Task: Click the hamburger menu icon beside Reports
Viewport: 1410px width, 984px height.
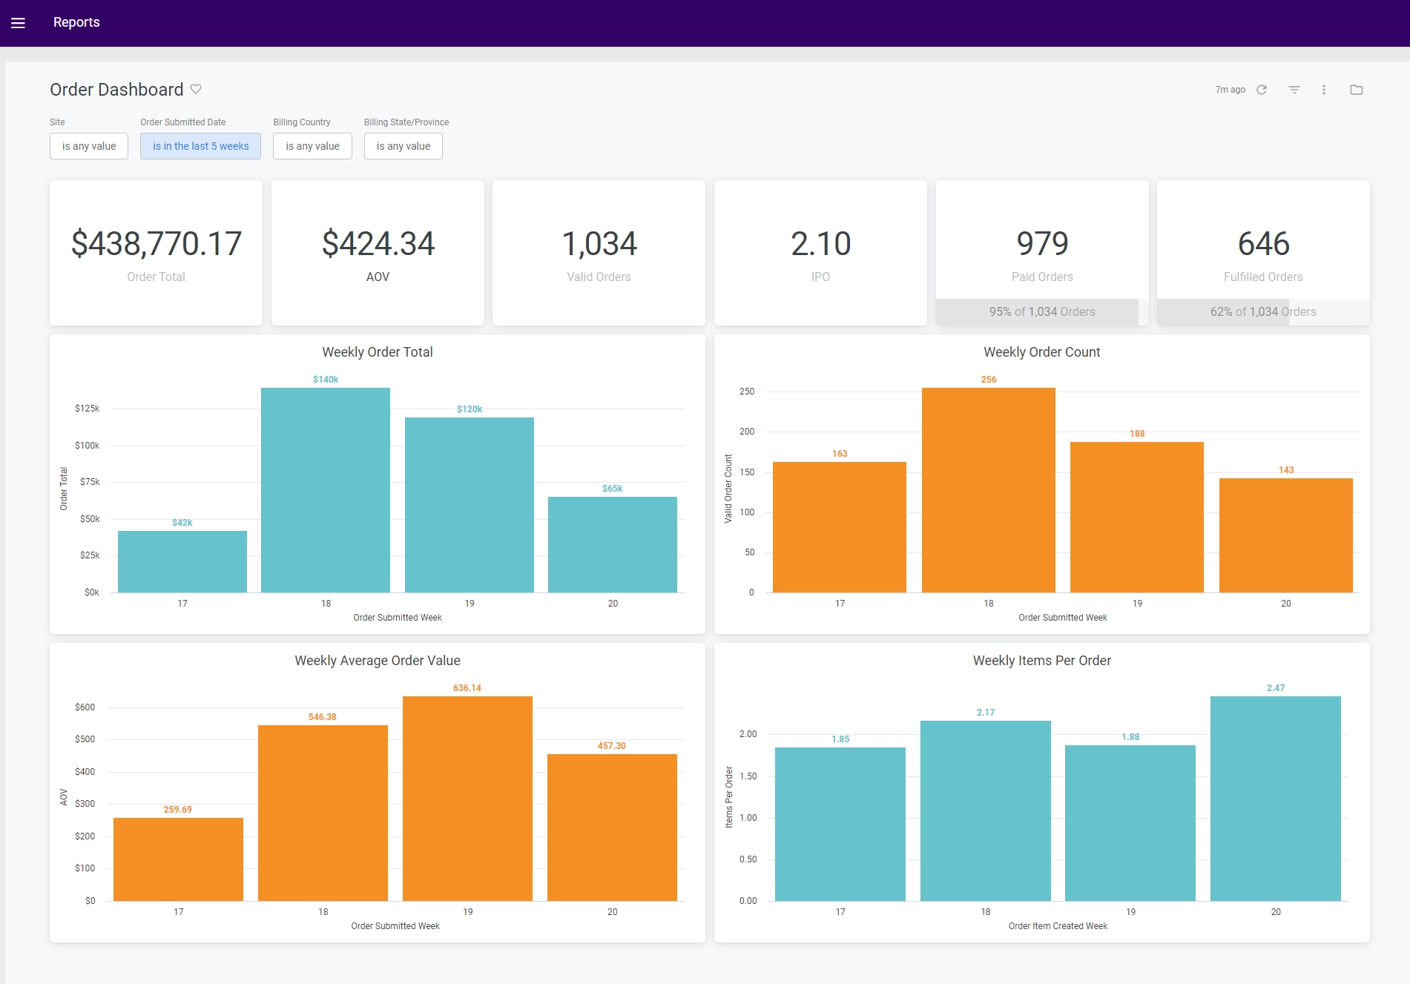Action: [19, 23]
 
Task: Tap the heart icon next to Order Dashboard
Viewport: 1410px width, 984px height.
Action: [196, 89]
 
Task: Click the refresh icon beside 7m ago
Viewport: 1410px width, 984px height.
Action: [1262, 90]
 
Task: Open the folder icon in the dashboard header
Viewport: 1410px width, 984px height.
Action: [1356, 90]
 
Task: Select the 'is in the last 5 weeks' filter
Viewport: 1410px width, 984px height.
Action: [200, 146]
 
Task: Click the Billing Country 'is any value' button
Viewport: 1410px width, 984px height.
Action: [312, 146]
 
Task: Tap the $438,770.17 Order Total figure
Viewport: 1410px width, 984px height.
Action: [156, 244]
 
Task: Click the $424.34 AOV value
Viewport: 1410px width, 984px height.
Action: [378, 244]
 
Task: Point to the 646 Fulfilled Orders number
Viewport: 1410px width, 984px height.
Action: [1263, 244]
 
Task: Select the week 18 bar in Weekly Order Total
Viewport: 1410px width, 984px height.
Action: [326, 489]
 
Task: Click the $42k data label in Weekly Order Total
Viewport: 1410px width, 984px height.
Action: [182, 523]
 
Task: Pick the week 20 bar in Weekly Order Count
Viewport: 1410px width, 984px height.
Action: [1285, 535]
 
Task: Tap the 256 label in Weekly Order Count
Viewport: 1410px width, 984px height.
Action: [988, 380]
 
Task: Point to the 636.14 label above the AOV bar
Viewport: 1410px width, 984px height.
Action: [467, 688]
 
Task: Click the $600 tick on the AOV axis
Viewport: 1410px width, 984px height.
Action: [85, 707]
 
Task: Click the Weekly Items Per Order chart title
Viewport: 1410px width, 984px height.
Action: [1041, 661]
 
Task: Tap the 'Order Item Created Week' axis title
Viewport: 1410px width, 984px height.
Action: [1057, 926]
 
